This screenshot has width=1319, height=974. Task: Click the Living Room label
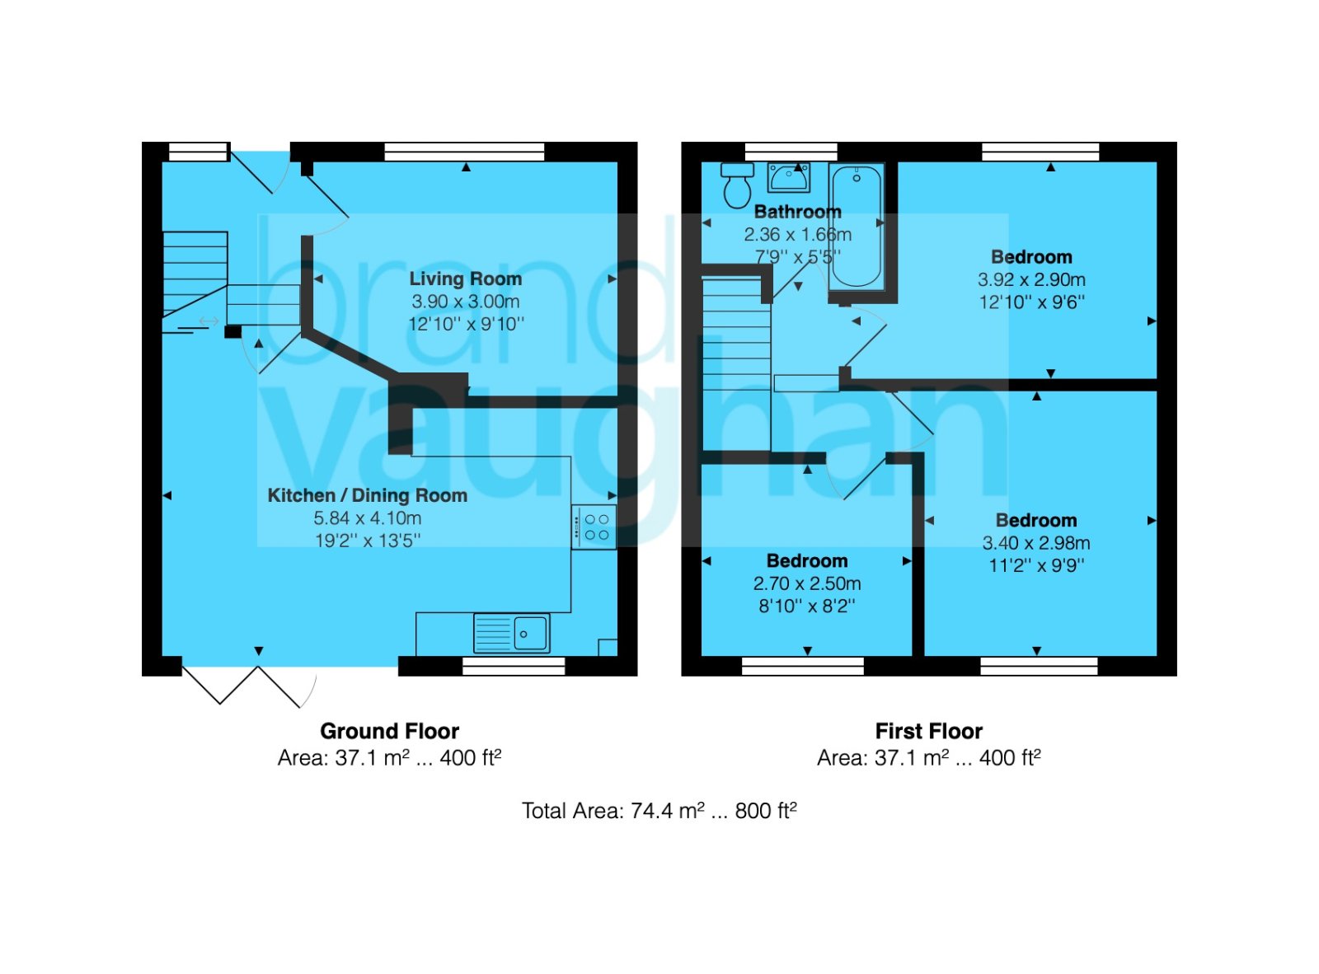click(x=465, y=279)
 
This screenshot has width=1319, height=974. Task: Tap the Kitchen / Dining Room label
click(x=367, y=495)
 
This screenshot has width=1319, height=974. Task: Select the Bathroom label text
click(x=797, y=212)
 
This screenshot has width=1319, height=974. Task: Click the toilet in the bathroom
click(x=737, y=185)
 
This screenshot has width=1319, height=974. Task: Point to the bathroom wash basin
click(x=789, y=177)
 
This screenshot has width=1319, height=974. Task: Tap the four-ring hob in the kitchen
click(x=593, y=527)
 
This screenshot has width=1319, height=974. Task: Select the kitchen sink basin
click(x=530, y=634)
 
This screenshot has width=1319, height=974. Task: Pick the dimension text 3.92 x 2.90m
click(x=1031, y=279)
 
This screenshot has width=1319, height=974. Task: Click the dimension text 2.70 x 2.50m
click(x=806, y=583)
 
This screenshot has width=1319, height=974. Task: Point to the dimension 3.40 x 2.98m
click(x=1035, y=543)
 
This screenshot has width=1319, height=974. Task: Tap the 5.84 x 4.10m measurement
click(x=367, y=518)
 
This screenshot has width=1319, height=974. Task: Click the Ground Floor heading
click(x=389, y=731)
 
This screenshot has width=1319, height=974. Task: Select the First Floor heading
click(x=928, y=731)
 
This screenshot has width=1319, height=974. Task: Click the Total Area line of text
click(x=659, y=811)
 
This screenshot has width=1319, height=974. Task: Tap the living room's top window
click(x=464, y=152)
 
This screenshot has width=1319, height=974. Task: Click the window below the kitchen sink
click(x=514, y=666)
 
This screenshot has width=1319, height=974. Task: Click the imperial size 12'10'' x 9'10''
click(x=466, y=324)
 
